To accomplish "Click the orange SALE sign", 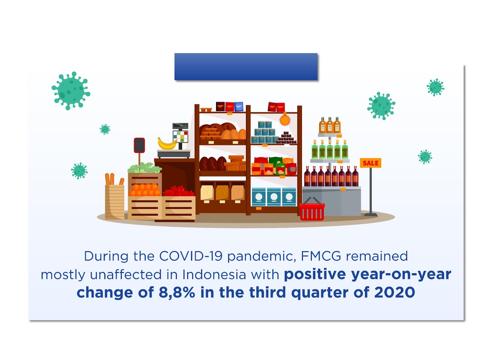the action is coord(370,163).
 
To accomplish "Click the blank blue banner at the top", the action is coord(246,66).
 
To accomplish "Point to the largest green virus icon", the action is coord(71,91).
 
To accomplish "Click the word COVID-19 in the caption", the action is coord(191,256).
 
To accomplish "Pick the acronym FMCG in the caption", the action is coord(321,256).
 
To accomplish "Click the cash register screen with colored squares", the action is coord(180,137).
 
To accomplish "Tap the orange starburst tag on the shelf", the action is coord(285,120).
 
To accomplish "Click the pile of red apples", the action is coord(179,191).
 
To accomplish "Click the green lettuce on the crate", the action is coord(145,168).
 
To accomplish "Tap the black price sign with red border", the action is coord(139,145).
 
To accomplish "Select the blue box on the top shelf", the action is coord(239,106).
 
